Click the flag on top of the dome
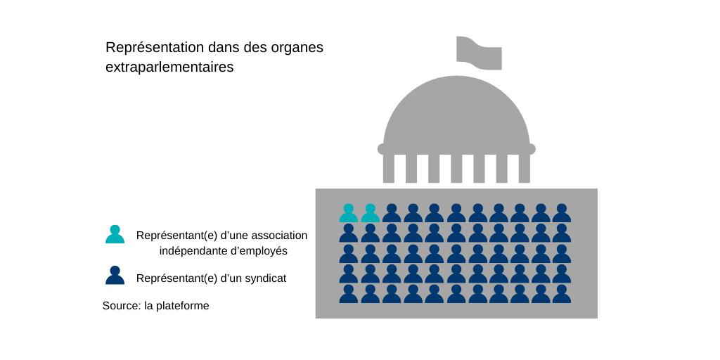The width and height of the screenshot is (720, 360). pyautogui.click(x=479, y=53)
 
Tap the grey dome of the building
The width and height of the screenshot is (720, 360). pyautogui.click(x=456, y=112)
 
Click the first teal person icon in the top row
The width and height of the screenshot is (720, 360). pyautogui.click(x=349, y=213)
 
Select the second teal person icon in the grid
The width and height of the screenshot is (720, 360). pyautogui.click(x=370, y=213)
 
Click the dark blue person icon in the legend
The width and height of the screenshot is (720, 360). pyautogui.click(x=115, y=276)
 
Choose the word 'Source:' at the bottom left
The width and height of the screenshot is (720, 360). pyautogui.click(x=122, y=306)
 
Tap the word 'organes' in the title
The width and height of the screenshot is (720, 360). pyautogui.click(x=297, y=48)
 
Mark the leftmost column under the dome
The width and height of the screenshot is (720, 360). pyautogui.click(x=389, y=169)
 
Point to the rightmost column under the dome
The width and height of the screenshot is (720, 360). pyautogui.click(x=524, y=169)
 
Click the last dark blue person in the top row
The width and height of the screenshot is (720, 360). pyautogui.click(x=561, y=213)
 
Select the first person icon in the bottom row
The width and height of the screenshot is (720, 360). pyautogui.click(x=349, y=294)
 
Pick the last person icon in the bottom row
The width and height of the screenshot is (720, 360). pyautogui.click(x=561, y=294)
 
